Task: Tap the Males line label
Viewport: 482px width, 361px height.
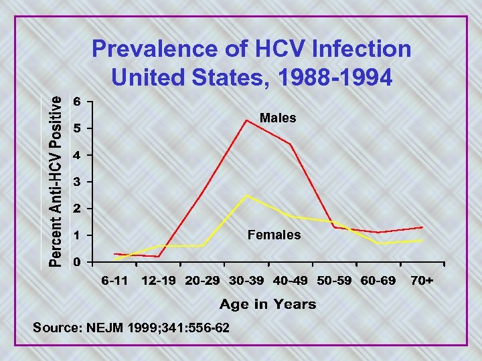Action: [278, 118]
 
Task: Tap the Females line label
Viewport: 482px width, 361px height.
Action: [274, 235]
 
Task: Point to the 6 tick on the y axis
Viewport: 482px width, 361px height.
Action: [78, 102]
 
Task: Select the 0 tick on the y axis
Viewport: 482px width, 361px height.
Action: [78, 262]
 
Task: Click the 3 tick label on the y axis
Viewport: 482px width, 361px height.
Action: [78, 182]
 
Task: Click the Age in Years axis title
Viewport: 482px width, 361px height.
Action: [268, 305]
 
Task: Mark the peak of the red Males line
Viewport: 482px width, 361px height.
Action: [246, 120]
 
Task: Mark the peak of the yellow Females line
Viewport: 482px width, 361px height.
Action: [246, 195]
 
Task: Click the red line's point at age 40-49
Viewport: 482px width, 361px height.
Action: [291, 144]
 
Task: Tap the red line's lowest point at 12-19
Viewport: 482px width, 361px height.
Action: [159, 257]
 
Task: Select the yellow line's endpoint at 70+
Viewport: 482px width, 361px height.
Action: [422, 240]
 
